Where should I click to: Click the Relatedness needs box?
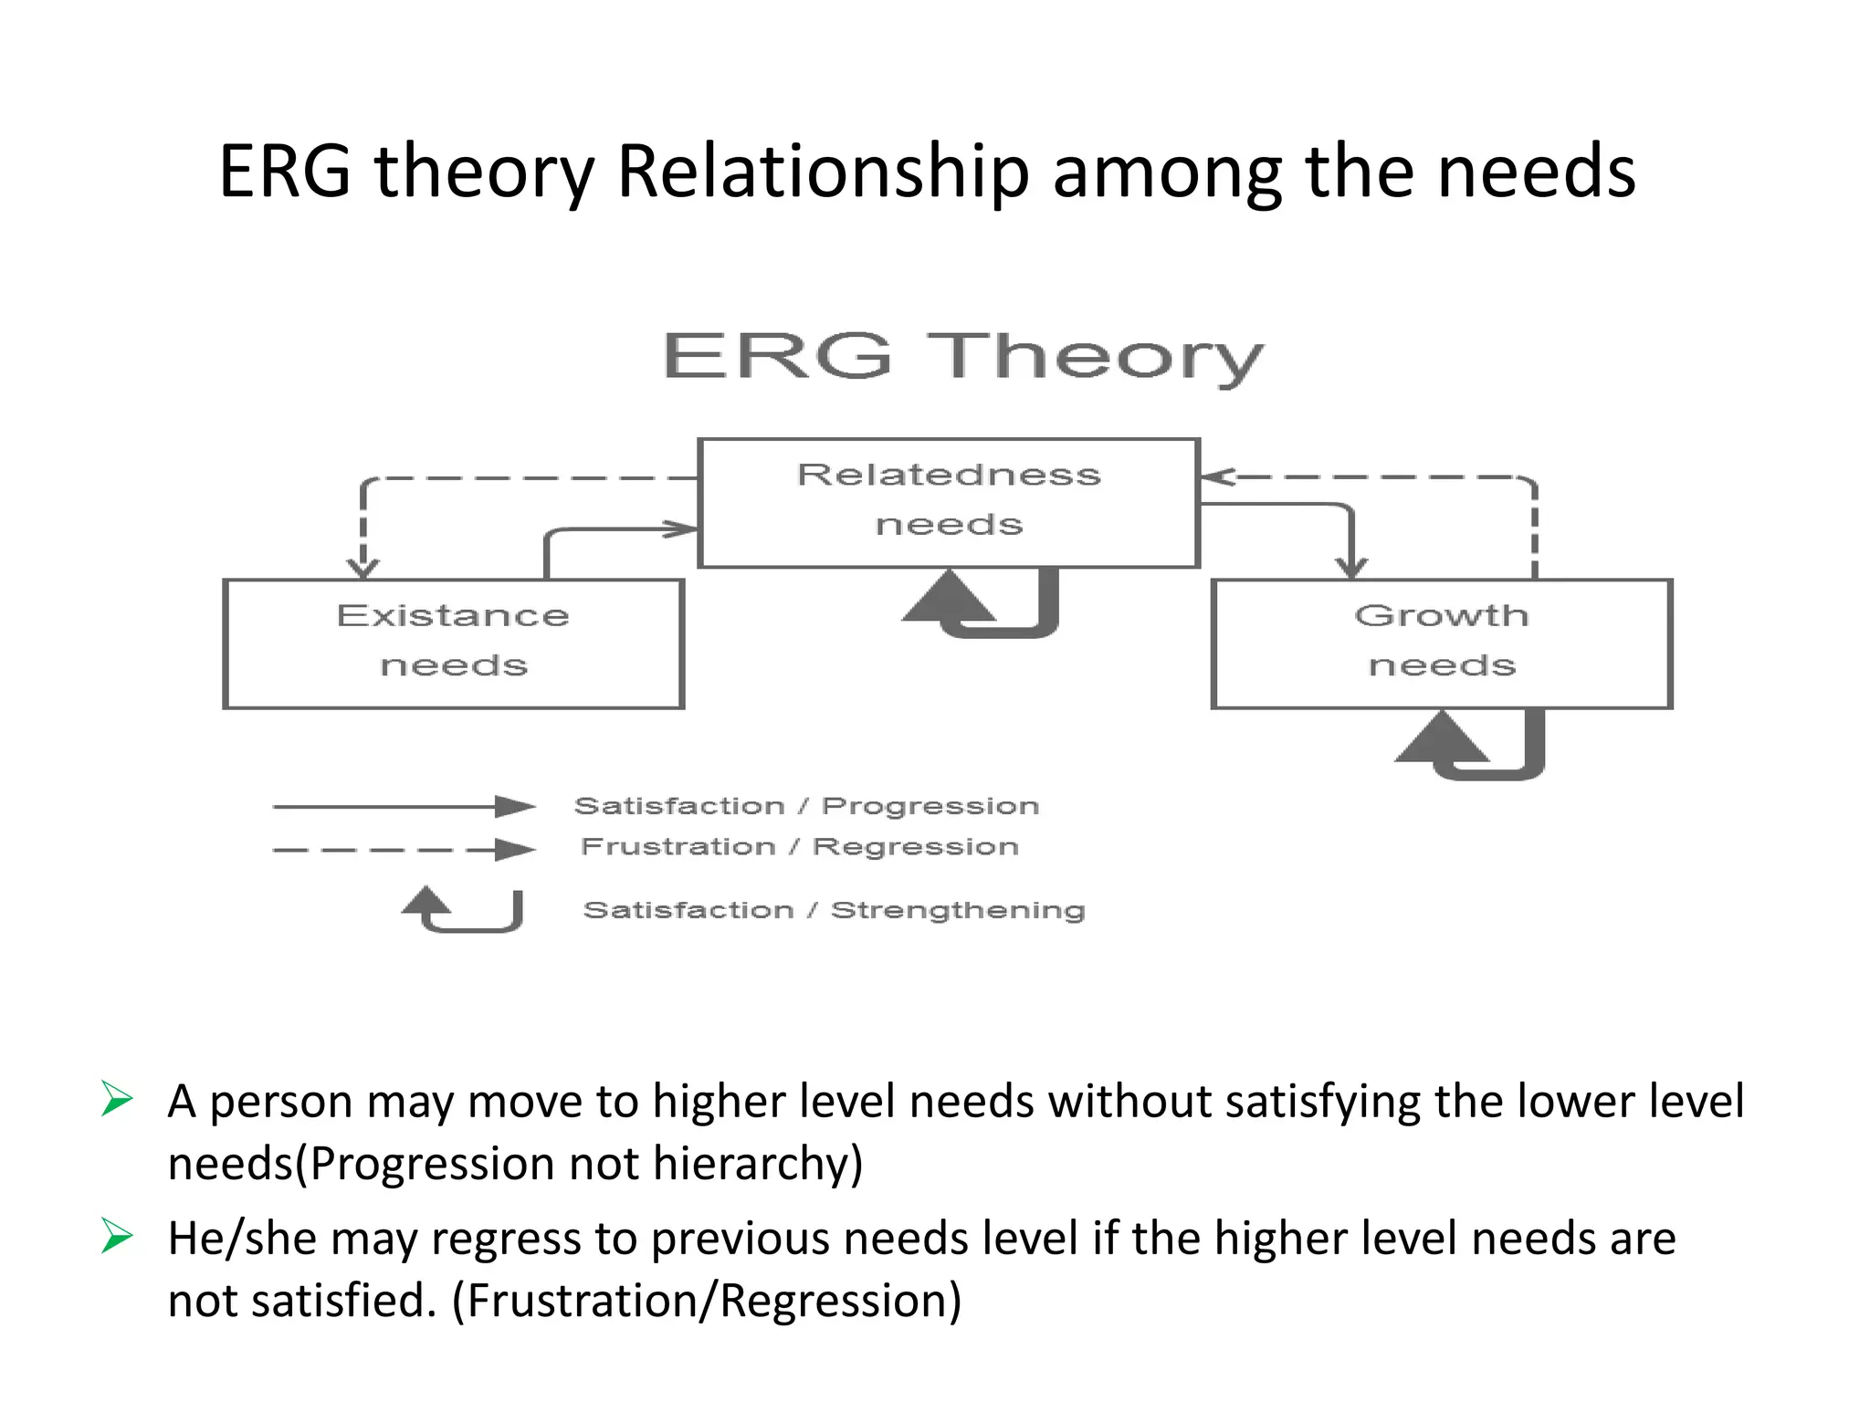coord(949,502)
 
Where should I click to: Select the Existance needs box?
coord(453,643)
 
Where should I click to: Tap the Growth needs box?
coord(1441,643)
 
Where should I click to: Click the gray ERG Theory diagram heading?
coord(962,357)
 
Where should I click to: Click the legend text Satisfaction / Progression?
coord(806,806)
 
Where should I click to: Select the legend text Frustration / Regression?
coord(800,847)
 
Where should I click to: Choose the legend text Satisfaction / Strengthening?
coord(834,910)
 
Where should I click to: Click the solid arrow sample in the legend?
coord(404,806)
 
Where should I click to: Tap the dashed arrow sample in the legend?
coord(404,850)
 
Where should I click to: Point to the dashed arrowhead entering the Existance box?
coord(363,568)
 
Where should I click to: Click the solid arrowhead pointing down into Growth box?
coord(1351,567)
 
